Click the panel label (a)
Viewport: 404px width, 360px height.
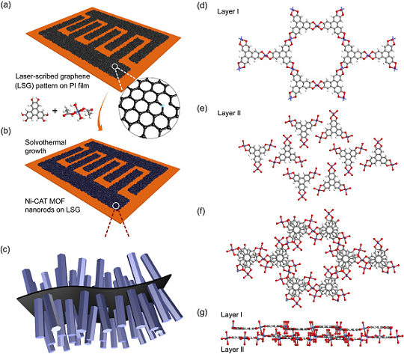point(6,5)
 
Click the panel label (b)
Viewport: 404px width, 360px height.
point(6,131)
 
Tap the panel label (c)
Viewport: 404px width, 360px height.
point(5,249)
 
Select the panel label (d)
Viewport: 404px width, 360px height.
point(202,5)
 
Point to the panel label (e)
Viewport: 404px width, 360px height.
point(202,109)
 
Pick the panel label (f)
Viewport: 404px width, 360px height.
point(201,212)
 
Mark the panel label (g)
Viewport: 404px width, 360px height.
point(202,313)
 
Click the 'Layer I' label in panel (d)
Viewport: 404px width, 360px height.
point(228,11)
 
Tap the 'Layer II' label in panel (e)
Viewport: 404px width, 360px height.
point(229,113)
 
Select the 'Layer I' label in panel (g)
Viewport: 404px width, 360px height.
point(231,314)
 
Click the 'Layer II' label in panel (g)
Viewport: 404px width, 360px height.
point(233,350)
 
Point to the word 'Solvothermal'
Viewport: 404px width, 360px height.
point(46,142)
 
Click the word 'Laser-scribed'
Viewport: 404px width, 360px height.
point(34,76)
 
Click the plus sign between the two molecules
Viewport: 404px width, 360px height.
point(55,111)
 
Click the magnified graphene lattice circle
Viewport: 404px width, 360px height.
point(150,108)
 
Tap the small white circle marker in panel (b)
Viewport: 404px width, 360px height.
point(116,206)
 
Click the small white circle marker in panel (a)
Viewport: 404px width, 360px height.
point(115,67)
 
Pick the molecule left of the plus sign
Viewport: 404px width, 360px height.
point(34,110)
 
